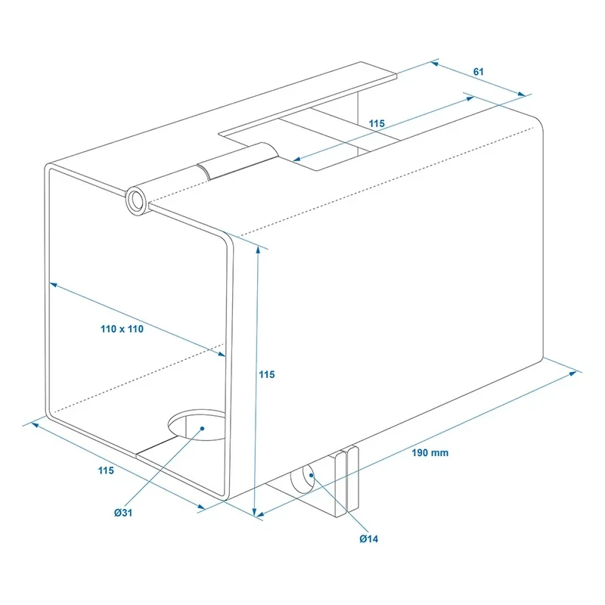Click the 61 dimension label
(479, 72)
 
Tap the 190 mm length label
(430, 452)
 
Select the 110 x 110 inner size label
(122, 329)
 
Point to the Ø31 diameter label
(123, 513)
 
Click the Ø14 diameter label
(368, 538)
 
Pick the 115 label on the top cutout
(377, 123)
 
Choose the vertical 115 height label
(267, 374)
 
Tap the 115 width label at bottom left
(106, 470)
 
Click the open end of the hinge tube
(136, 200)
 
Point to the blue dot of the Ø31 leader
(202, 428)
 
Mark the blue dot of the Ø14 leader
(311, 476)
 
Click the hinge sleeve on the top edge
(238, 160)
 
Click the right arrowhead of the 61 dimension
(521, 93)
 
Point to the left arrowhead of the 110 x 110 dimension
(54, 285)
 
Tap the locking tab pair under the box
(347, 480)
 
